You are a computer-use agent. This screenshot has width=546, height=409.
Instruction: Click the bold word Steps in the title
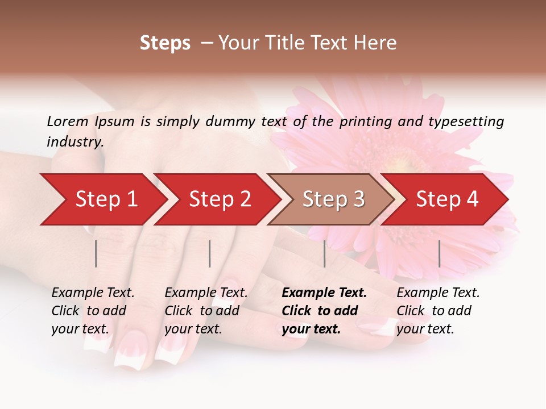[x=165, y=43]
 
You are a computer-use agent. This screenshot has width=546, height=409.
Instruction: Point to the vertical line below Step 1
[x=96, y=253]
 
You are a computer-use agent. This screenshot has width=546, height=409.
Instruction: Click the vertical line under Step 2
[x=210, y=253]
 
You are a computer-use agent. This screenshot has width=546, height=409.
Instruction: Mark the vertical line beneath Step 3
[x=324, y=253]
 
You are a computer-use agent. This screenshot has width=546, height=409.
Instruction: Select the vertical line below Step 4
[x=439, y=253]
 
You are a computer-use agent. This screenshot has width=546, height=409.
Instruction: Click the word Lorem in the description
[x=68, y=122]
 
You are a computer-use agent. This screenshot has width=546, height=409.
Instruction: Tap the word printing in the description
[x=365, y=122]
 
